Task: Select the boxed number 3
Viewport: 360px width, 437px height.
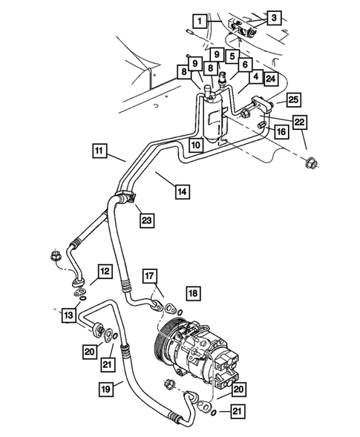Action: pos(274,17)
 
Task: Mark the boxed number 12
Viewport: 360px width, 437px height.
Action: pos(105,271)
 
